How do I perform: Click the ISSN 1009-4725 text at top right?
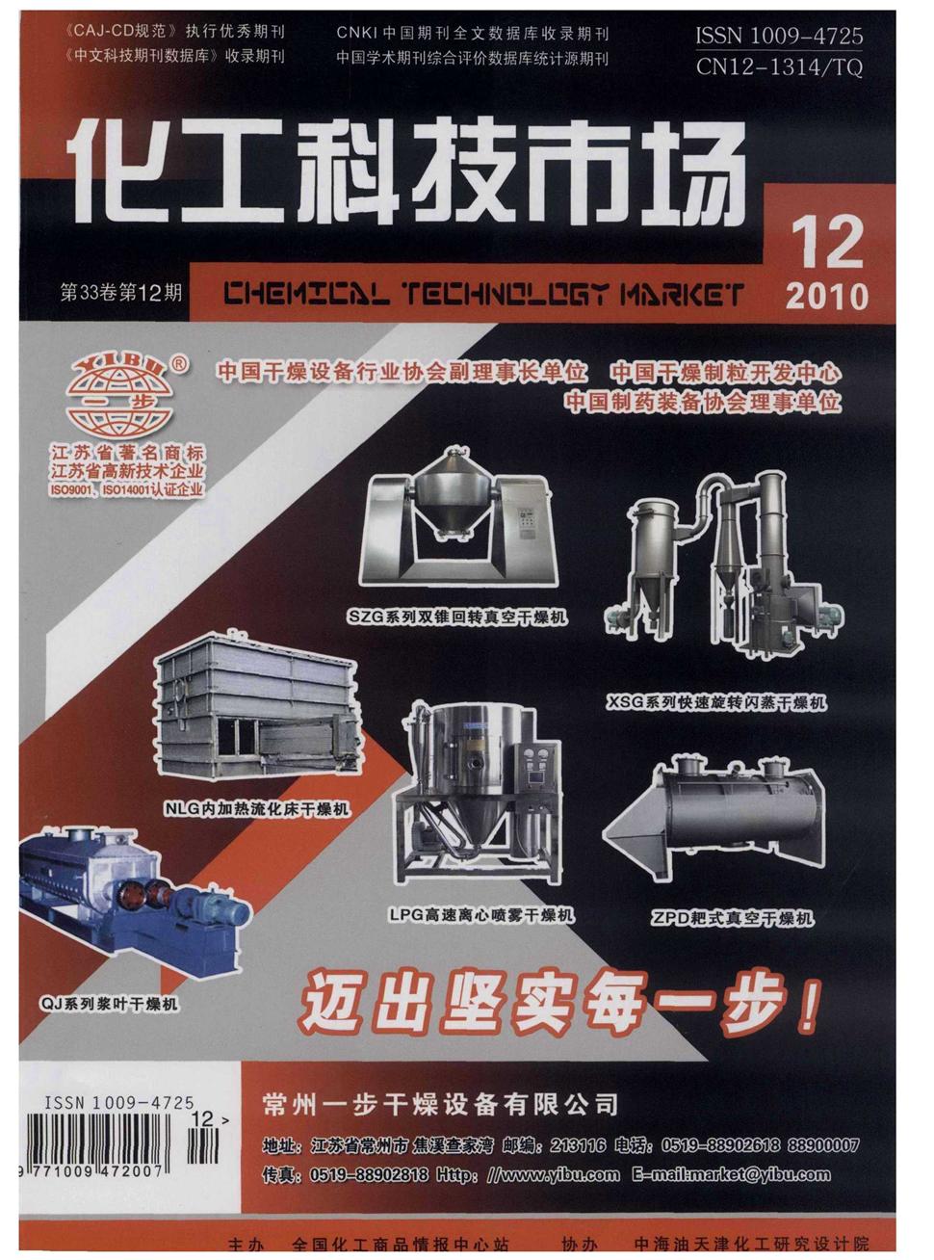pos(779,37)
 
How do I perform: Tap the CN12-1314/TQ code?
pos(779,66)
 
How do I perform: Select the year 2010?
pos(826,295)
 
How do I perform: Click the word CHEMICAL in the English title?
pos(306,294)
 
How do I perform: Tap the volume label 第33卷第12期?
pos(120,292)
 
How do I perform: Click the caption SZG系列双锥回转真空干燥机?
pos(458,617)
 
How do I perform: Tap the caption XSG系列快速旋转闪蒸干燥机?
pos(716,702)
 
